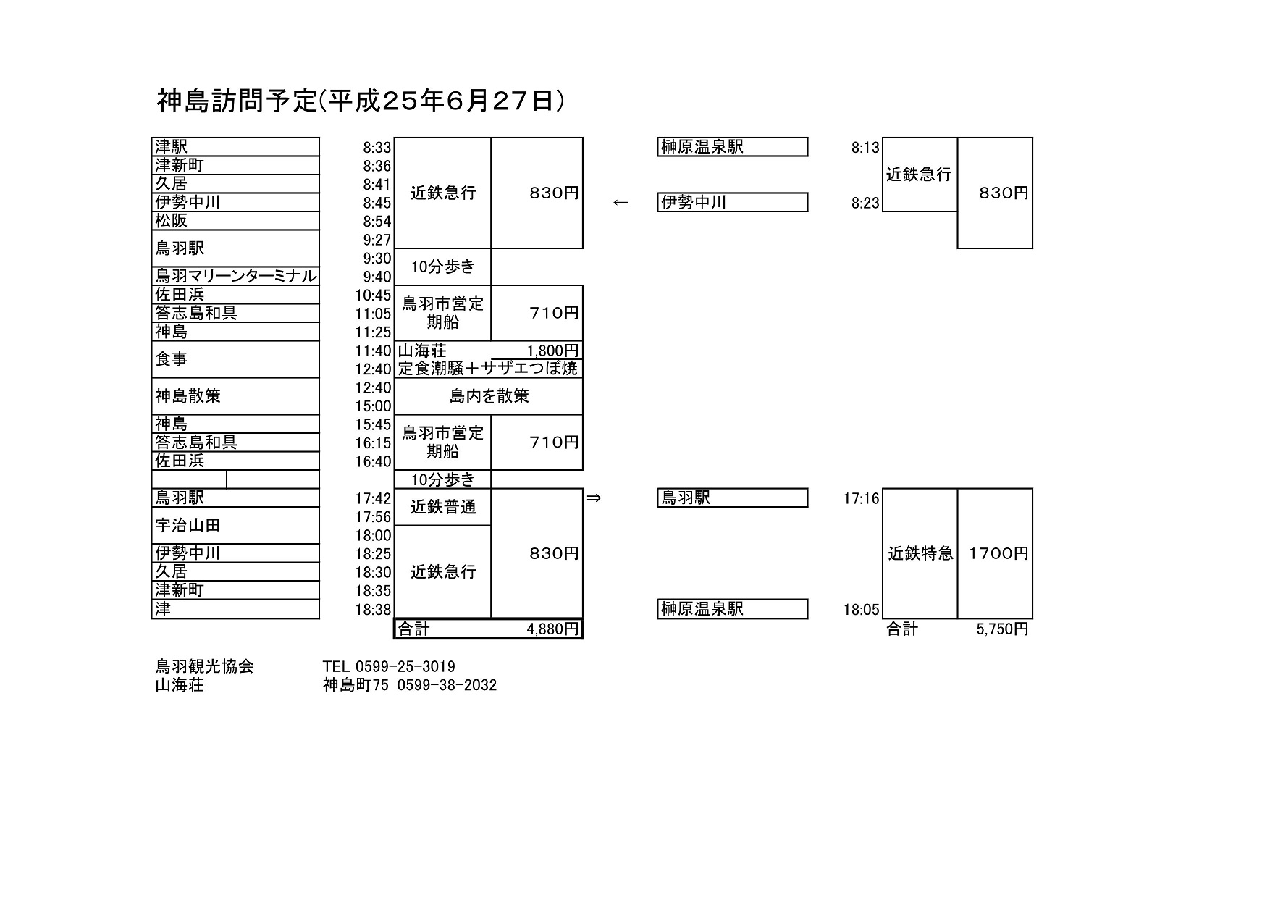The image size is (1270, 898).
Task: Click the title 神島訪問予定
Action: point(237,101)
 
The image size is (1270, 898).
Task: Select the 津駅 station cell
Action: point(235,147)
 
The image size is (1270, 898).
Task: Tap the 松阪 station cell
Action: point(235,221)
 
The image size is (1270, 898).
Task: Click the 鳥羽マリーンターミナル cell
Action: point(235,276)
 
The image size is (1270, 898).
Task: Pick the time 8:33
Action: point(377,148)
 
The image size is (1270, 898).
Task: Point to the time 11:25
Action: point(374,332)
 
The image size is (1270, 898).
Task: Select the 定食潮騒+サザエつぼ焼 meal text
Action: point(488,369)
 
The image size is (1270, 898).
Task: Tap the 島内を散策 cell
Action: point(489,396)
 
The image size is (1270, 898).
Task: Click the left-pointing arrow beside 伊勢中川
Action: point(621,203)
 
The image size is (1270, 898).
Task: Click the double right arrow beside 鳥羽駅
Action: point(594,498)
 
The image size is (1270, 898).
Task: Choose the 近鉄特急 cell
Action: point(920,553)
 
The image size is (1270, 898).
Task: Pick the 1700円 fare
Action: point(998,553)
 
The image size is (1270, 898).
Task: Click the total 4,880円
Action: point(553,629)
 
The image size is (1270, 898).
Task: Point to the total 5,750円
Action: point(1002,629)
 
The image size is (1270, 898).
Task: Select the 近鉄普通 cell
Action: point(442,507)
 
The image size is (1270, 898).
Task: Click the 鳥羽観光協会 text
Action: point(205,666)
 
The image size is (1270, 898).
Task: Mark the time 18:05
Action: point(862,610)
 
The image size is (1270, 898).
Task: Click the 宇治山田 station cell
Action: point(235,526)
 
